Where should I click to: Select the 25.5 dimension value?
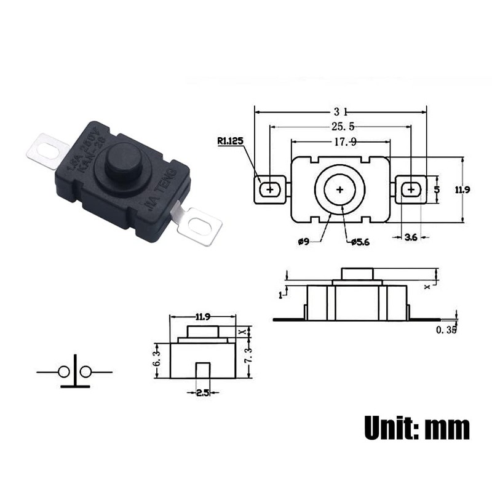coord(342,127)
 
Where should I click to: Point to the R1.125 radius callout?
coord(230,141)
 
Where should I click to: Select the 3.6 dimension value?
coord(411,237)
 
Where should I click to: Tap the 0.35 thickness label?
coord(446,330)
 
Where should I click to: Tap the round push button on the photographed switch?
coord(121,159)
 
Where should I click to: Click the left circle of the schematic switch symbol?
coord(63,371)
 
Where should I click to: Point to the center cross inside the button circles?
coord(339,189)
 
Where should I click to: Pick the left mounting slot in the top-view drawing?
coord(269,189)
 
